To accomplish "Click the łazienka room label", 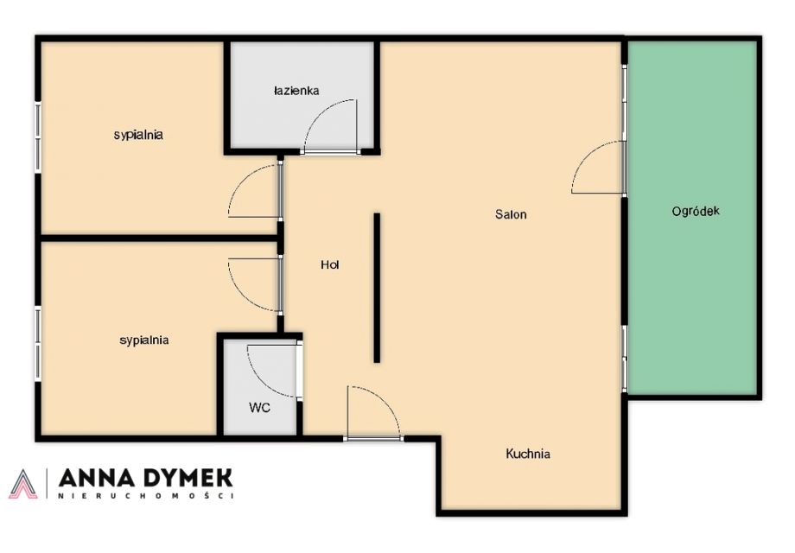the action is [x=296, y=91].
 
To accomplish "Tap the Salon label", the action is [x=511, y=214].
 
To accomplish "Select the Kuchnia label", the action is [x=528, y=454].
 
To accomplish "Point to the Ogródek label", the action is [x=696, y=212].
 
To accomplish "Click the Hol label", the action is [x=329, y=264].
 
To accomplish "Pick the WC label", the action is [x=259, y=408].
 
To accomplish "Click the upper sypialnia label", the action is [x=138, y=135].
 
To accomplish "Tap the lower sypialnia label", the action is [x=144, y=340].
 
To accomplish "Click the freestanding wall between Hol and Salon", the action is [x=377, y=288].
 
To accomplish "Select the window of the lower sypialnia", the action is [x=37, y=344].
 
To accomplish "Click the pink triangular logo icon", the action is [x=23, y=484].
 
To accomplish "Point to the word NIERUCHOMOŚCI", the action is [x=145, y=496].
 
